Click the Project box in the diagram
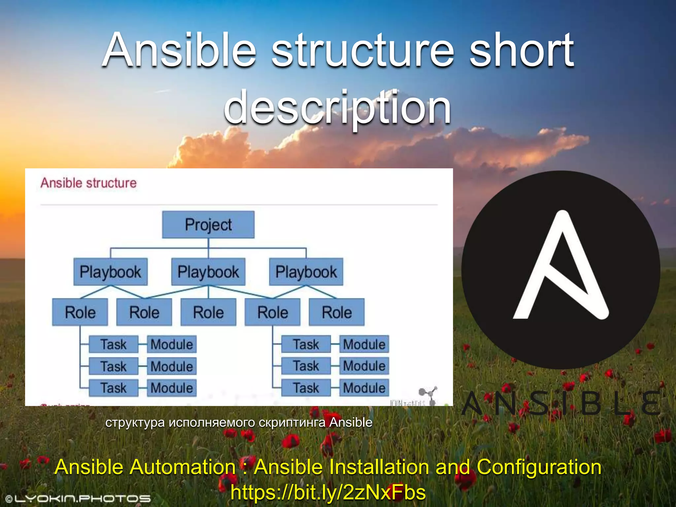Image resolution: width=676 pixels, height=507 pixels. click(x=208, y=225)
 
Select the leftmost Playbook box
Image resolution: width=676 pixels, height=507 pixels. click(x=110, y=272)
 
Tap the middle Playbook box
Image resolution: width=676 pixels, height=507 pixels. click(x=208, y=272)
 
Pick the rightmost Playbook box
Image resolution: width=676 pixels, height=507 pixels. click(x=306, y=272)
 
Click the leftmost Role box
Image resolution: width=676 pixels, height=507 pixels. click(x=80, y=312)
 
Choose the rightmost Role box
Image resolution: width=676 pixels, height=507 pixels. click(x=337, y=312)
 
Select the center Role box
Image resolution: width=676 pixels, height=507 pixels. click(x=208, y=312)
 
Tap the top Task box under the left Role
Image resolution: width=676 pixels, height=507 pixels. click(x=114, y=344)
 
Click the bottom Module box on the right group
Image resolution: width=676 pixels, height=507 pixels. click(x=364, y=388)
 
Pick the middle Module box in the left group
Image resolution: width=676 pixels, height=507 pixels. click(x=172, y=366)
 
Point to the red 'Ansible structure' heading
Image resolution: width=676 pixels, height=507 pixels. click(x=88, y=183)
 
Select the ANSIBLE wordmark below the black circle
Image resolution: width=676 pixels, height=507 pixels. click(x=561, y=403)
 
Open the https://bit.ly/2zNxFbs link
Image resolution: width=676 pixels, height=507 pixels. click(x=328, y=492)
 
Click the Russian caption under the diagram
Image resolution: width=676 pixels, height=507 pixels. click(x=239, y=422)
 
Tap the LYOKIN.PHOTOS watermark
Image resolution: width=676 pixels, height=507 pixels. click(x=79, y=498)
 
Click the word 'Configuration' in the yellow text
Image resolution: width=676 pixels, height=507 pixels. click(x=539, y=467)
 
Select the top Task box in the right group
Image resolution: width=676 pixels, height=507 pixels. click(x=306, y=344)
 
